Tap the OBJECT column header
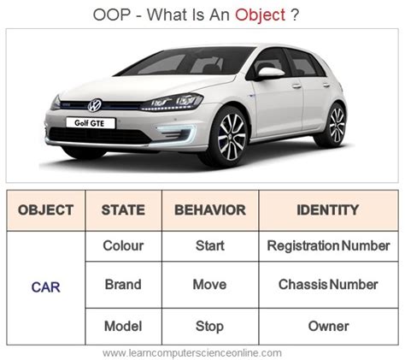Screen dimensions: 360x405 (x=45, y=210)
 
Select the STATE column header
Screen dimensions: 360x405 (x=123, y=210)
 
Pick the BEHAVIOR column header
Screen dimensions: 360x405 (x=209, y=210)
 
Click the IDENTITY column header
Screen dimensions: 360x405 (x=328, y=210)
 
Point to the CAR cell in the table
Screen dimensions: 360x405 (x=45, y=286)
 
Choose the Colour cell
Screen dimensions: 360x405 (x=123, y=245)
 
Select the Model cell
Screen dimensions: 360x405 (x=123, y=326)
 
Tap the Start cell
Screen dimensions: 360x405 (x=209, y=245)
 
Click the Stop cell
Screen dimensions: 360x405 (x=209, y=326)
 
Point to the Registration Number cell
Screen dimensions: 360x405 (x=328, y=245)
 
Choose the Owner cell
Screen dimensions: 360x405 (x=328, y=326)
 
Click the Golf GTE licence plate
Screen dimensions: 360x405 (x=90, y=123)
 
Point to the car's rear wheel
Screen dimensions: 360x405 (x=336, y=124)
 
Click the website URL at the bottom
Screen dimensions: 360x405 (x=202, y=352)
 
